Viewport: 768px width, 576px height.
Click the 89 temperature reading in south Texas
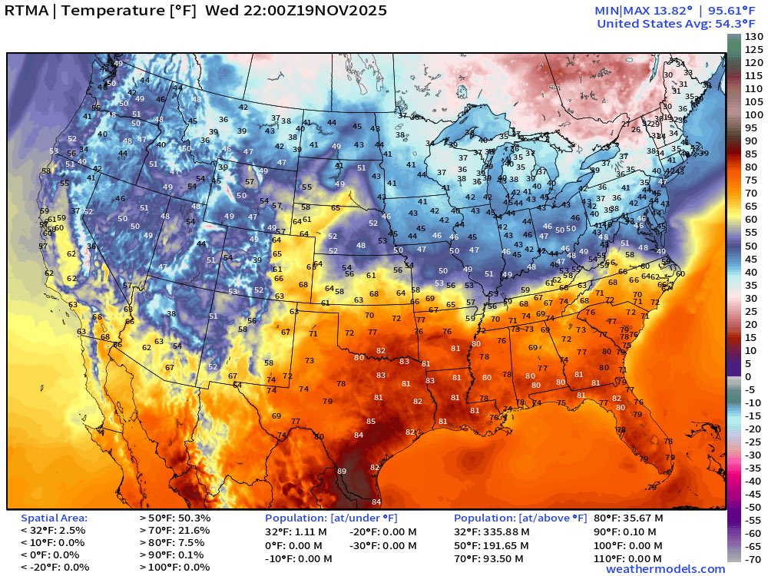(342, 471)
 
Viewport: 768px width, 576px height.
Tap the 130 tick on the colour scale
(753, 37)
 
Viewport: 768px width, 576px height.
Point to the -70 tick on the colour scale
(753, 558)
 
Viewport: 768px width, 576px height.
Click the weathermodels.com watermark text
(665, 569)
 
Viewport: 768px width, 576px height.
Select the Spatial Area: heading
(54, 518)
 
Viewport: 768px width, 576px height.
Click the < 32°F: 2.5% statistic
(53, 531)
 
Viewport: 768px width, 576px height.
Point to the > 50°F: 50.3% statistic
(174, 518)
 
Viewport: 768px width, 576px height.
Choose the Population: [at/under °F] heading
(331, 518)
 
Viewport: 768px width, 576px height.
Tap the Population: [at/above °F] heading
(520, 518)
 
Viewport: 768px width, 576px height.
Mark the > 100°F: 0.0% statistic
(174, 568)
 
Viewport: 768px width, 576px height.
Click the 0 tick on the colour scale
(749, 376)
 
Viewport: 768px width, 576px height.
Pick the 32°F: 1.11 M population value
(296, 531)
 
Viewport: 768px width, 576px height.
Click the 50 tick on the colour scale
(751, 246)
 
